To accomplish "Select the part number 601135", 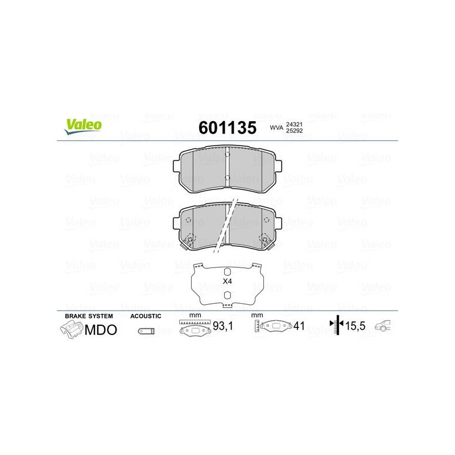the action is pyautogui.click(x=227, y=127).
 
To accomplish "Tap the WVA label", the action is pyautogui.click(x=276, y=127).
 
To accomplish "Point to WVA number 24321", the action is pyautogui.click(x=294, y=124).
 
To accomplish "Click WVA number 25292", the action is pyautogui.click(x=294, y=131).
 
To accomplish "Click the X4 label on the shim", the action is pyautogui.click(x=227, y=281).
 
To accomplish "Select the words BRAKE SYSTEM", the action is pyautogui.click(x=89, y=316).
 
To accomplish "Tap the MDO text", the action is pyautogui.click(x=101, y=330).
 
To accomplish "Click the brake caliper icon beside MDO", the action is pyautogui.click(x=72, y=330).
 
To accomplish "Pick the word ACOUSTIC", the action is pyautogui.click(x=146, y=316).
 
